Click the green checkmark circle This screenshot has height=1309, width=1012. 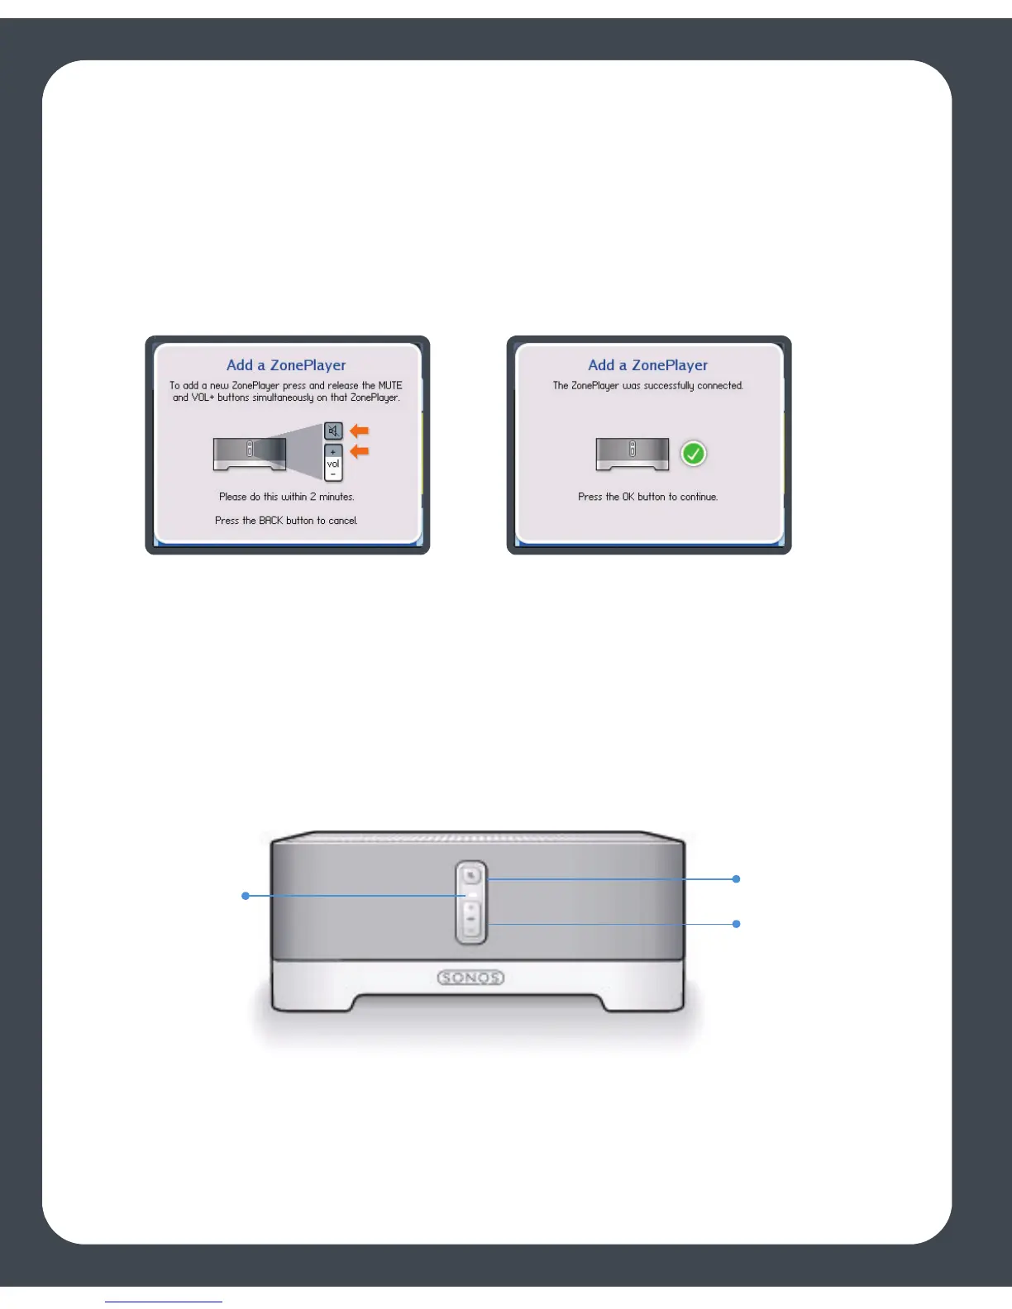(693, 454)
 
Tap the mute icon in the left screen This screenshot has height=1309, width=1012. (333, 431)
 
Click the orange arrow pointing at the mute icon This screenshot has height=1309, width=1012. (360, 431)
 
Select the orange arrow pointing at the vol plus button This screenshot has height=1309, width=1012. (360, 451)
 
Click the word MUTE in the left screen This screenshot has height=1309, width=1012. (390, 386)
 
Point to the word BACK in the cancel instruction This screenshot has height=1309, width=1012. (270, 521)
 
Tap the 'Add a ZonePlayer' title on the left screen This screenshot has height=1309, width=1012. (286, 365)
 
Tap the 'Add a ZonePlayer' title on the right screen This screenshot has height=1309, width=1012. (647, 365)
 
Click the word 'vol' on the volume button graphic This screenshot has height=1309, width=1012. (333, 464)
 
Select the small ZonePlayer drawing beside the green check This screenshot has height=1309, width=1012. (632, 454)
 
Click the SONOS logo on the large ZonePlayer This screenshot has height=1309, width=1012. (470, 978)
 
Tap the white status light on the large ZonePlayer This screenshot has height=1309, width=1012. (470, 895)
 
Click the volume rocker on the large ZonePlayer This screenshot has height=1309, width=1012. (470, 919)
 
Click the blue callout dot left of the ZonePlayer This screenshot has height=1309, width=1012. (246, 895)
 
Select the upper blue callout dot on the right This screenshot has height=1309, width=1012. (736, 879)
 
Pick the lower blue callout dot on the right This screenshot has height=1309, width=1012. (736, 923)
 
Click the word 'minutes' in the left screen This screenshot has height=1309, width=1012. (337, 497)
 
